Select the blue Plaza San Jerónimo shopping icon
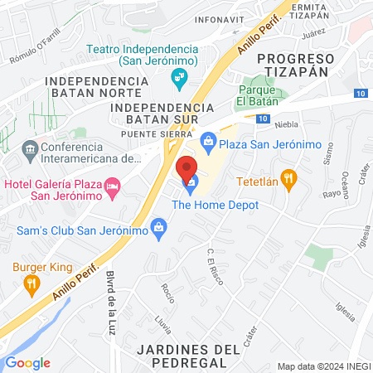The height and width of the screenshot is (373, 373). pyautogui.click(x=208, y=144)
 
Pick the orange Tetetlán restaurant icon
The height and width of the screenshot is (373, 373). pyautogui.click(x=288, y=177)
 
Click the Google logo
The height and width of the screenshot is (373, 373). pyautogui.click(x=28, y=362)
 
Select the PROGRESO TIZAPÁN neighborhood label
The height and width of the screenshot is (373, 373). pyautogui.click(x=295, y=65)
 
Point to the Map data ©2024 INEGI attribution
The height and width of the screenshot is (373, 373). pyautogui.click(x=322, y=366)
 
